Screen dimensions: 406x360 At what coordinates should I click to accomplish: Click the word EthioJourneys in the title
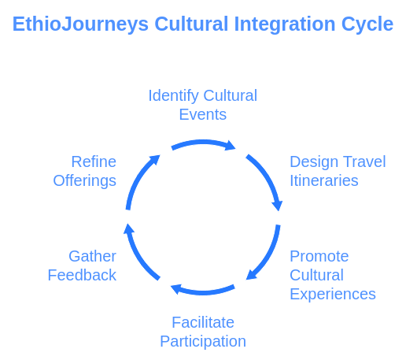(x=80, y=24)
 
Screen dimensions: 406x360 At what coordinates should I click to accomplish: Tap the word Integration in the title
(x=285, y=24)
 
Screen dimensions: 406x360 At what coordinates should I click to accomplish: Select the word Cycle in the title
(x=367, y=24)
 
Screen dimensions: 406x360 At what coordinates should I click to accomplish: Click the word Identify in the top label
(x=173, y=96)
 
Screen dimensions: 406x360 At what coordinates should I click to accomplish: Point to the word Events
(x=203, y=114)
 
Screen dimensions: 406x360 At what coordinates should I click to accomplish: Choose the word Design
(x=314, y=162)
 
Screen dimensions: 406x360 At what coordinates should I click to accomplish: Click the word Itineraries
(x=324, y=180)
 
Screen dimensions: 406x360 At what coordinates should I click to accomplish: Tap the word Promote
(x=319, y=256)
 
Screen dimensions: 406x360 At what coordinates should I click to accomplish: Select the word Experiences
(x=333, y=295)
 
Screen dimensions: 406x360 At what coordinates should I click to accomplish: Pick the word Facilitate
(x=203, y=322)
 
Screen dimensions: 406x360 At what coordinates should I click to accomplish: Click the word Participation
(x=203, y=342)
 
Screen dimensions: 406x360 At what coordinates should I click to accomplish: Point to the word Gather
(x=92, y=256)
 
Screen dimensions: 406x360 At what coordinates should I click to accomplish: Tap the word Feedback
(x=82, y=275)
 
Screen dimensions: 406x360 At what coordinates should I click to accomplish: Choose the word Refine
(x=94, y=161)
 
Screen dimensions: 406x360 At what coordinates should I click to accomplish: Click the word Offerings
(x=84, y=181)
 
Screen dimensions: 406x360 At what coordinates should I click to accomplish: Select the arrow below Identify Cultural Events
(x=203, y=143)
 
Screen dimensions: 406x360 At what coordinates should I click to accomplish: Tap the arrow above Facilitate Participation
(x=203, y=291)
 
